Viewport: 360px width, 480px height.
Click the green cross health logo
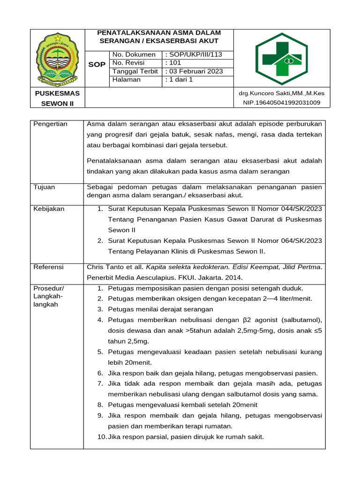click(x=281, y=58)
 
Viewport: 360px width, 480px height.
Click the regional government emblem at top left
click(x=57, y=58)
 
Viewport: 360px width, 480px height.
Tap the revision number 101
click(x=173, y=63)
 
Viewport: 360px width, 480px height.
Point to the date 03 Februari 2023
click(x=194, y=71)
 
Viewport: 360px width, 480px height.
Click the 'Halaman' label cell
click(x=127, y=80)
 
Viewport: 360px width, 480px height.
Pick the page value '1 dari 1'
click(x=179, y=80)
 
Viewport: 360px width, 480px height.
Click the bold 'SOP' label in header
click(x=97, y=65)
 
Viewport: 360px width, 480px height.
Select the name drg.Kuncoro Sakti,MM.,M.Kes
click(x=281, y=93)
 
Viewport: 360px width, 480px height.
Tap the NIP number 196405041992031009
click(x=281, y=102)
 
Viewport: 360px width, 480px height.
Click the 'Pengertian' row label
click(x=51, y=124)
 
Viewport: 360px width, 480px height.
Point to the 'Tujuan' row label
click(x=45, y=187)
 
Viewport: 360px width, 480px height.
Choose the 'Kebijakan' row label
click(x=49, y=208)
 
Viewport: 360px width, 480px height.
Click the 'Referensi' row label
click(x=49, y=267)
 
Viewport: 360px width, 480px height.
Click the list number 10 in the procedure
click(x=102, y=437)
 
